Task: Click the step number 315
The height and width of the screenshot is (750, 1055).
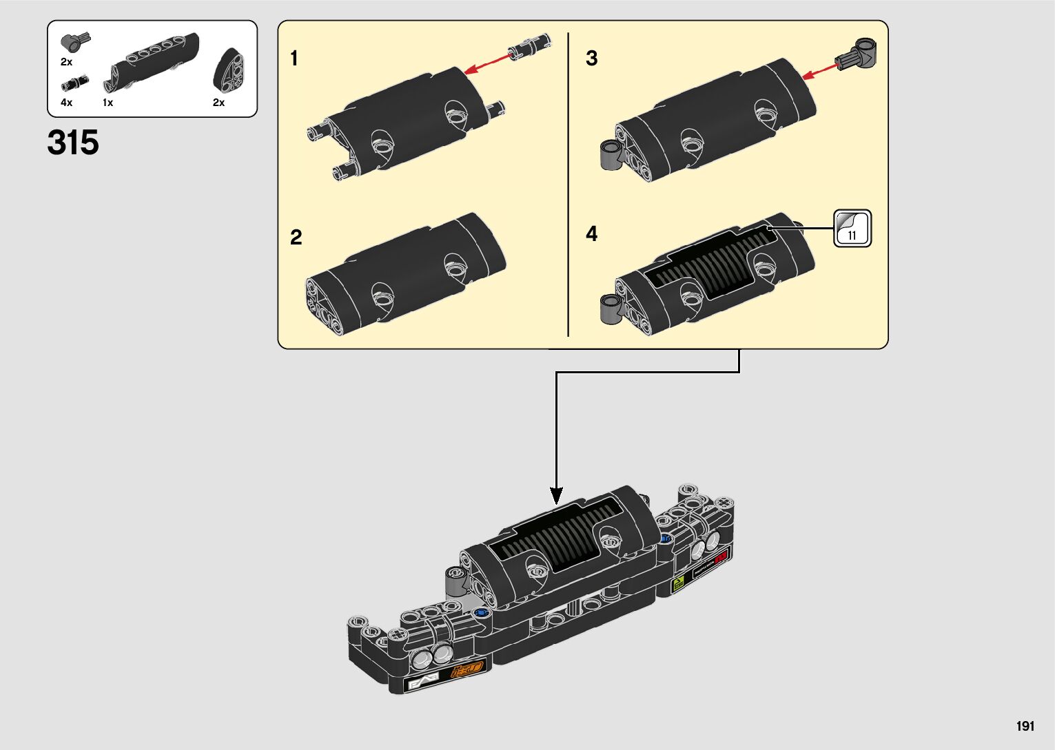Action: click(x=73, y=143)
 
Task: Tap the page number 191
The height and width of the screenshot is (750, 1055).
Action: click(x=1025, y=726)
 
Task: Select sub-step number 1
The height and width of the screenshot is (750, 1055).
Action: click(x=294, y=59)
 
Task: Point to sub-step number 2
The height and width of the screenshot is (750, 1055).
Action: click(x=296, y=238)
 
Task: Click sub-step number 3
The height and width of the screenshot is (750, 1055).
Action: click(x=591, y=59)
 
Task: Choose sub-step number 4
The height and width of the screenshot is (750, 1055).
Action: click(x=591, y=234)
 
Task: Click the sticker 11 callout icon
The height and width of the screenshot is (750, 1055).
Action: click(x=852, y=229)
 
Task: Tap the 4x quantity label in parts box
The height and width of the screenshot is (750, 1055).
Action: click(x=66, y=103)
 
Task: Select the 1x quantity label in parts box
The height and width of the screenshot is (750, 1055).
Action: click(x=107, y=103)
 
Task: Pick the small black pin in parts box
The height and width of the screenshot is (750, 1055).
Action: click(x=71, y=84)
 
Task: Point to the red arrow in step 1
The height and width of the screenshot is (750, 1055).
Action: click(x=489, y=62)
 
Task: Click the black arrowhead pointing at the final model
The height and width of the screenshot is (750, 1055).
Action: click(x=556, y=494)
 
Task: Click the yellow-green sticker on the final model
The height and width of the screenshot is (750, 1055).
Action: click(x=678, y=585)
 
